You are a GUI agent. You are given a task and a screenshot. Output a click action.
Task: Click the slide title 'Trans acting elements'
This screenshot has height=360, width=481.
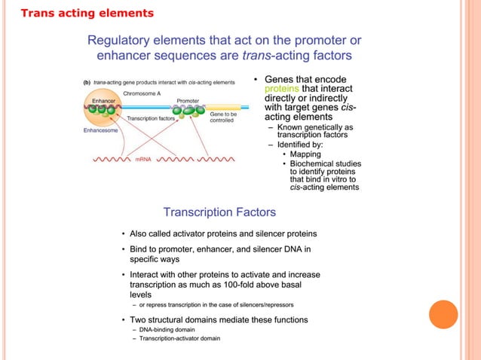tap(86, 14)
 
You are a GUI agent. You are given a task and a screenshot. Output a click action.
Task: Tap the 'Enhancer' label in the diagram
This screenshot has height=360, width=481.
tap(103, 100)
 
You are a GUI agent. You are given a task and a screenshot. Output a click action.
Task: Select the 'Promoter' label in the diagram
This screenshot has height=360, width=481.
tap(188, 100)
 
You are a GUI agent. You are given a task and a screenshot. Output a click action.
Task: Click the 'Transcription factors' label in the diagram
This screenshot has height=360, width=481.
tap(151, 118)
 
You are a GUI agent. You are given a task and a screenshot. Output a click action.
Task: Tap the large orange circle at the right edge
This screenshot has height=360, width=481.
tap(443, 315)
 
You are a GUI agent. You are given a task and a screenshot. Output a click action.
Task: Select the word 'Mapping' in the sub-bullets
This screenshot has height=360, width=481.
tap(305, 154)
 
